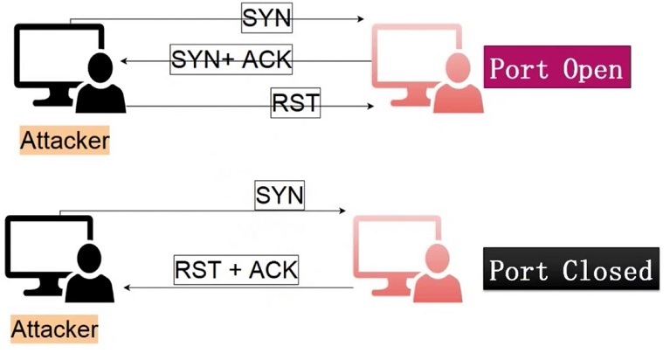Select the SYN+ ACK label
[230, 59]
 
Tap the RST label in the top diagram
[295, 104]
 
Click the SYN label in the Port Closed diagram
[280, 195]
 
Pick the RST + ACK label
[236, 269]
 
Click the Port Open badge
[557, 68]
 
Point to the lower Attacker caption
[55, 329]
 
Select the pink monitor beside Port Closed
[393, 249]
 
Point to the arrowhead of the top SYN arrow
[358, 18]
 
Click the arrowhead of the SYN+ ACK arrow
[125, 60]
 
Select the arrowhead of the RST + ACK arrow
[126, 287]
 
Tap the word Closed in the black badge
[608, 270]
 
